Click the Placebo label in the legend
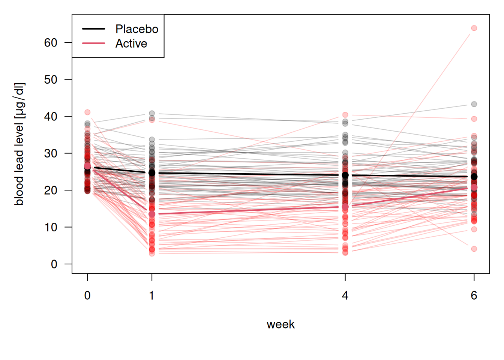(136, 29)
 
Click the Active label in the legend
(131, 43)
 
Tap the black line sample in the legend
(93, 29)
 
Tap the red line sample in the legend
(93, 43)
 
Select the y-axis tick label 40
(51, 116)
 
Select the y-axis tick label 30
(51, 153)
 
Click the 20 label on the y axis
(51, 190)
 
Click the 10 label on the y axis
(51, 227)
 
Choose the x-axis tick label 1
(151, 295)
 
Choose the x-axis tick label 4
(345, 295)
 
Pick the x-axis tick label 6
(474, 295)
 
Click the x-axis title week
(280, 324)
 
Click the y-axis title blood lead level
(19, 144)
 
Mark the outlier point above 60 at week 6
(474, 28)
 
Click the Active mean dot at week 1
(152, 214)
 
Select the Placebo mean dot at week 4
(345, 175)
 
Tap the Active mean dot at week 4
(345, 207)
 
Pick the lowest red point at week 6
(474, 249)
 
